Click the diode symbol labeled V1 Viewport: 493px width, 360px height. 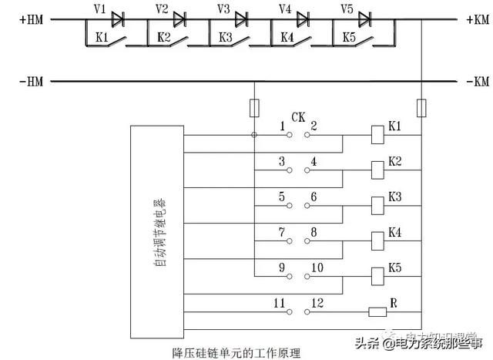[x=118, y=17]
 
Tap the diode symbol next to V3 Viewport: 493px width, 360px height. [x=241, y=17]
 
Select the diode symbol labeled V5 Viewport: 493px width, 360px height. [x=364, y=17]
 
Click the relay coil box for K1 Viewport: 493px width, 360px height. [x=377, y=133]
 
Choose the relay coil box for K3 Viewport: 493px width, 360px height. [x=377, y=204]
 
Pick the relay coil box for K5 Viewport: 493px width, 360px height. [x=377, y=275]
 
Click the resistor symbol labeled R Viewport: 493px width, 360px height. [x=377, y=311]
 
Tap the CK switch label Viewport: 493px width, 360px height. [x=298, y=117]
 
